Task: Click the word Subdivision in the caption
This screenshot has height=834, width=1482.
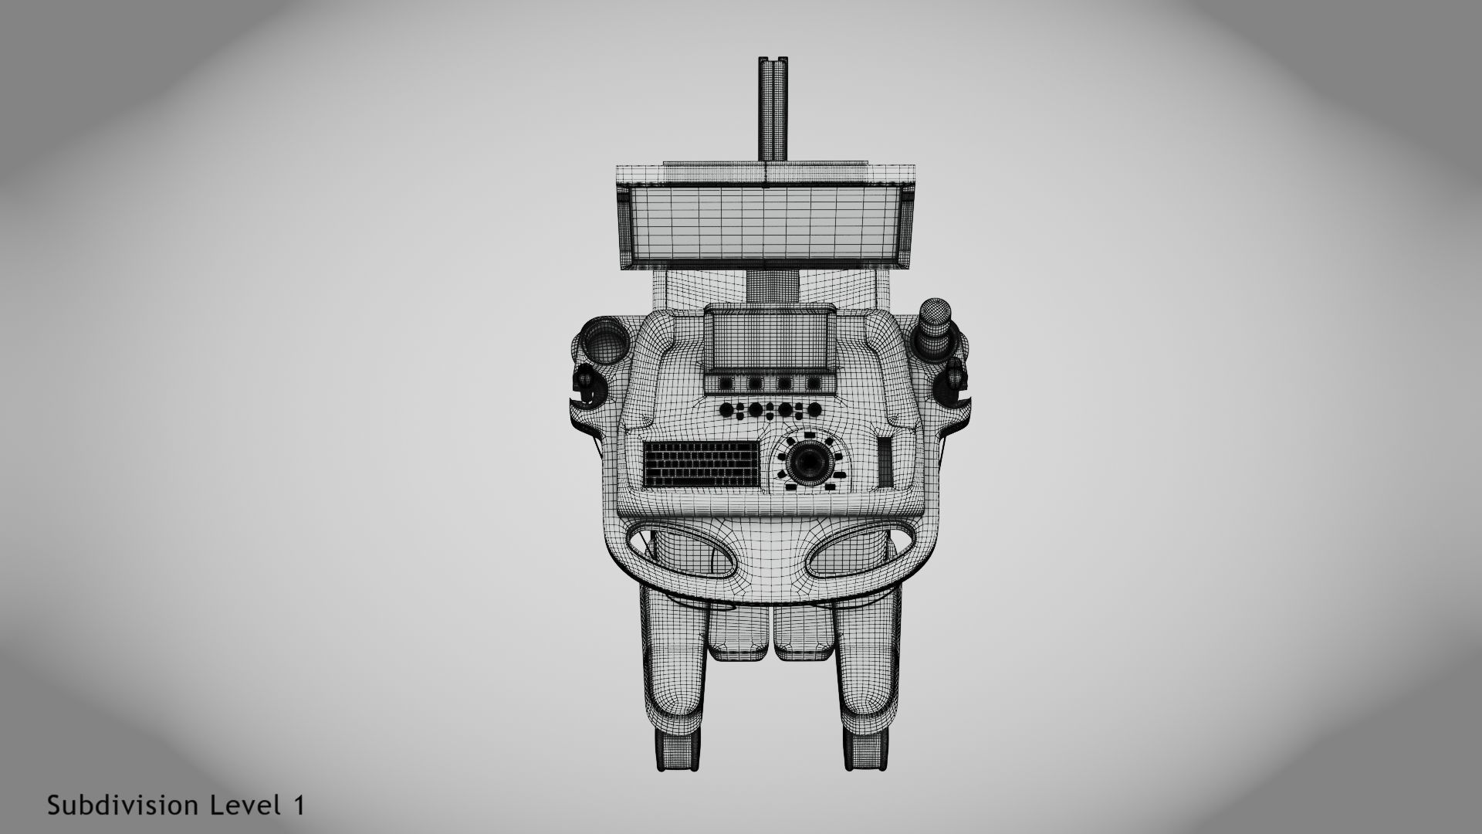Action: (125, 805)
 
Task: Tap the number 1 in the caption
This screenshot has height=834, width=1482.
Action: (298, 805)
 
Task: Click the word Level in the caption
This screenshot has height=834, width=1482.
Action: (245, 805)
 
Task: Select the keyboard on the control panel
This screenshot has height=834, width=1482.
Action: (700, 463)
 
